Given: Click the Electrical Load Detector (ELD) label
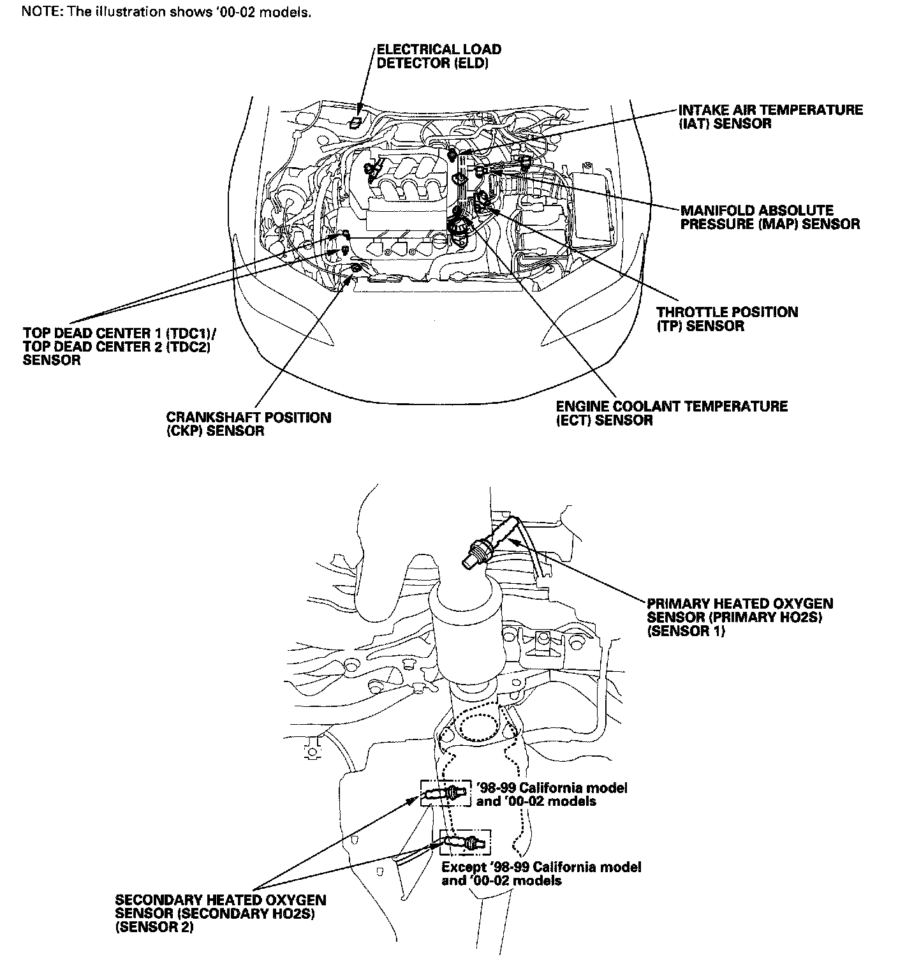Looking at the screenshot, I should pyautogui.click(x=439, y=56).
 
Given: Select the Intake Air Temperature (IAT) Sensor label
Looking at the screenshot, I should pyautogui.click(x=770, y=117).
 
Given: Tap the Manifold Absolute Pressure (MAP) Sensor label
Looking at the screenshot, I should pyautogui.click(x=770, y=217).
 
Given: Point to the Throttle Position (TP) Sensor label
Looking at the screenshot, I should pyautogui.click(x=727, y=319).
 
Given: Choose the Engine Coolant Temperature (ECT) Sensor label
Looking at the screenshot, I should pyautogui.click(x=672, y=413).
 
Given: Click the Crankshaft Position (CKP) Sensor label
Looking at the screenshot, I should pyautogui.click(x=249, y=424).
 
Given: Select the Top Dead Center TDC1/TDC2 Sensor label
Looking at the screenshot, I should pyautogui.click(x=118, y=346).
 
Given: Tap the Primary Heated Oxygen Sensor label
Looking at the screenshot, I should pyautogui.click(x=740, y=617).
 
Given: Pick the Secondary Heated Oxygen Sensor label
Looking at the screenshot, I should pyautogui.click(x=220, y=914).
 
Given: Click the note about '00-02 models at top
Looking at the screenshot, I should pyautogui.click(x=167, y=13).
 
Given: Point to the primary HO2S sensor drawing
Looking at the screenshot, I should pyautogui.click(x=491, y=540).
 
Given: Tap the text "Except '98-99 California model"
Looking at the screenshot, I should pyautogui.click(x=541, y=867).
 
